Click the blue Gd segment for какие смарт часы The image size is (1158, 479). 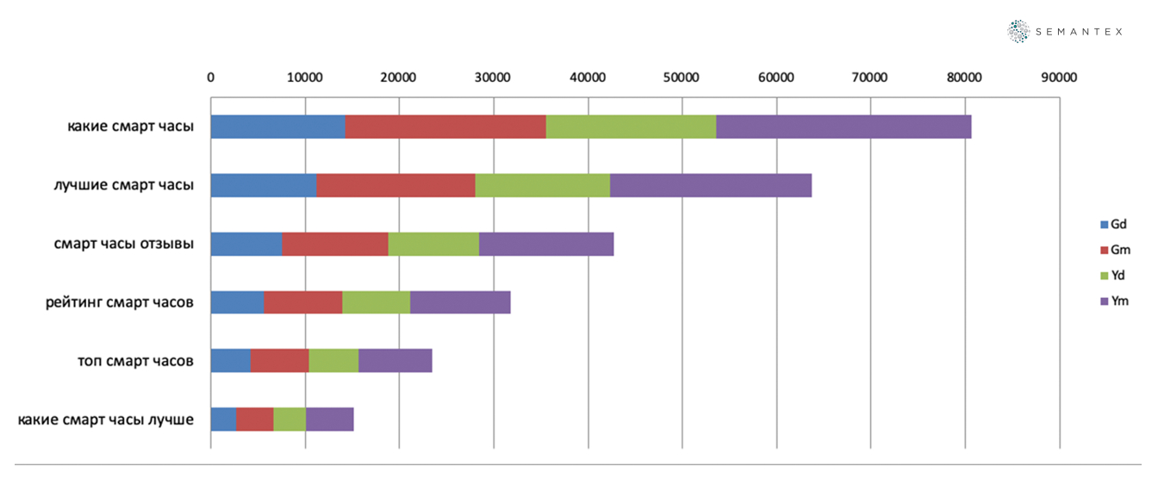277,127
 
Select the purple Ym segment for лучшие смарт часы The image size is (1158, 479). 710,185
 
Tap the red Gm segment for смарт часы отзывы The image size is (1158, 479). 335,244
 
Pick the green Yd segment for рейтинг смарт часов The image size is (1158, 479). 376,302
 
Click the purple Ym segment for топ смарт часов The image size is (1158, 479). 395,361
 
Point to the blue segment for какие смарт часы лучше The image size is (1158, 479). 223,420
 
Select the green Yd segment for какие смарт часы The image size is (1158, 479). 631,127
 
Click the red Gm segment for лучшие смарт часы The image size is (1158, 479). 395,185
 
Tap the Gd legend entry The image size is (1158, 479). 1113,224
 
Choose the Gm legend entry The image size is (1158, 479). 1114,250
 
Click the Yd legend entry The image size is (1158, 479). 1112,276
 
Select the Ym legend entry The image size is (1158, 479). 1113,302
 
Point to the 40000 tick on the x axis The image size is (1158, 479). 588,78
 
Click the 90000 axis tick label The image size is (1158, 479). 1059,78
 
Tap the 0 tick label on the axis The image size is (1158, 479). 211,78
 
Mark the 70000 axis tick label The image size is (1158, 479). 870,78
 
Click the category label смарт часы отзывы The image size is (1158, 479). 123,244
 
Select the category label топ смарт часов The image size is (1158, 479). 135,361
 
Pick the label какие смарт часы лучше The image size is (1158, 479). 105,420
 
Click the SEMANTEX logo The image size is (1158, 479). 1065,32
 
